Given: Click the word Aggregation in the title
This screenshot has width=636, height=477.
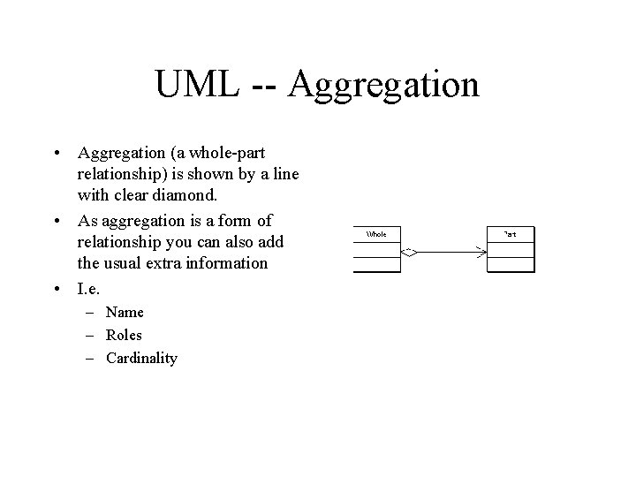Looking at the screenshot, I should pos(383,85).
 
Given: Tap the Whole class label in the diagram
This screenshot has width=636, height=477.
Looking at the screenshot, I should pos(376,234).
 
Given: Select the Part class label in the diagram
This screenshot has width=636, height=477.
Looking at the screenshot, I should pos(511,234).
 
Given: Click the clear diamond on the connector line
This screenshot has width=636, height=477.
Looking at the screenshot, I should pos(409,252).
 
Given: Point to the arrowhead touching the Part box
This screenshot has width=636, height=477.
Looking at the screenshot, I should pos(481,252).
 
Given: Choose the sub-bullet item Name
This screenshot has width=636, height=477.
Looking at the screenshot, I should pos(125,312).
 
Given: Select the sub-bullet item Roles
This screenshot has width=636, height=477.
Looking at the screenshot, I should pos(124,335).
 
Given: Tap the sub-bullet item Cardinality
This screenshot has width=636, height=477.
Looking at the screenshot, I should pos(141,358).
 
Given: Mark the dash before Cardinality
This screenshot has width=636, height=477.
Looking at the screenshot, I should pos(92,358).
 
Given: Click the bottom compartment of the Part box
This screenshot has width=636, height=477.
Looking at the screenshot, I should pos(511,264).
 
